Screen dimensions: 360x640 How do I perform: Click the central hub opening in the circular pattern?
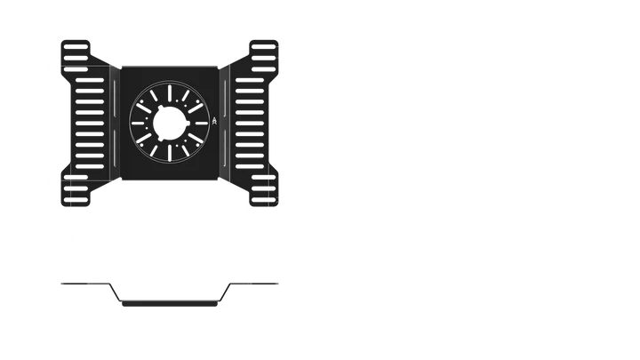pos(170,124)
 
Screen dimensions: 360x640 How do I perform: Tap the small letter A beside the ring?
pos(214,123)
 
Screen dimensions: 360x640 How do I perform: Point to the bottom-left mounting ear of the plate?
pos(75,190)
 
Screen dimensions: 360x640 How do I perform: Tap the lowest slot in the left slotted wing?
pos(92,170)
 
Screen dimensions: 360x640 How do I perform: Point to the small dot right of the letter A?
pos(224,123)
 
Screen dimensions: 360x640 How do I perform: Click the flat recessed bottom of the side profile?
pos(170,303)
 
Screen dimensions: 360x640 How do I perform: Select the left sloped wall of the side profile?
pos(115,293)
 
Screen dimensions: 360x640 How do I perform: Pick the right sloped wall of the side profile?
pos(225,293)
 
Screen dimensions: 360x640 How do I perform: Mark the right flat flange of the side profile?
pos(258,284)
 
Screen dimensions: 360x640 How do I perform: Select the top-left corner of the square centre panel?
pos(121,62)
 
